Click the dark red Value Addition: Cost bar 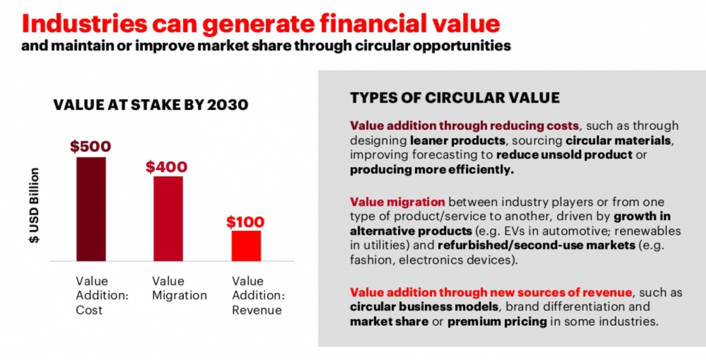point(91,209)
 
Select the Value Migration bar point(168,218)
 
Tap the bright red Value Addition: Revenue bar point(246,246)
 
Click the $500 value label point(90,146)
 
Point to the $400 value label point(166,167)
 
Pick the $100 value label point(245,221)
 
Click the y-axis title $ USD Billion point(34,206)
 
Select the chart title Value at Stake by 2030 point(151,105)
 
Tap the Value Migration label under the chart point(179,289)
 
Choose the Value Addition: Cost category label point(102,295)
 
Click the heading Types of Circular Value point(455,98)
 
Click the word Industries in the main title point(85,23)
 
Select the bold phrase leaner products point(457,140)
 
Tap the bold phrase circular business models point(424,307)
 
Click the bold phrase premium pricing point(497,321)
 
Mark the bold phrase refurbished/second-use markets point(536,245)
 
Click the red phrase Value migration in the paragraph point(397,202)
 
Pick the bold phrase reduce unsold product point(565,155)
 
